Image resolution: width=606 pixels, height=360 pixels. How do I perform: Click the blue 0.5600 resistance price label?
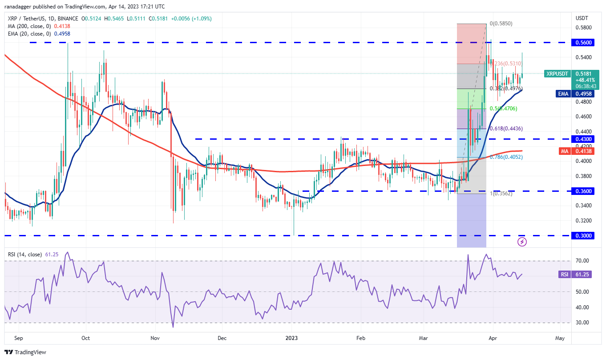[584, 42]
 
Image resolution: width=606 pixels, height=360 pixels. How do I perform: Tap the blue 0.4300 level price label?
[584, 139]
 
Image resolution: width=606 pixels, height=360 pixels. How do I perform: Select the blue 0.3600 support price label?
[584, 191]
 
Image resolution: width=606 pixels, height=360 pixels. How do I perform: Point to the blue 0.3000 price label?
[584, 235]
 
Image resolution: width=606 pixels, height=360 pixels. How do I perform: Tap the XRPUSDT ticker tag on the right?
[557, 73]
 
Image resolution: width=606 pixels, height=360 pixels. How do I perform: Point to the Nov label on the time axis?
[155, 338]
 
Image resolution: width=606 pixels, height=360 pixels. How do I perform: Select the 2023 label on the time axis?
[292, 338]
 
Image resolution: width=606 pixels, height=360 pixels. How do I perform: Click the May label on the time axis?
[560, 338]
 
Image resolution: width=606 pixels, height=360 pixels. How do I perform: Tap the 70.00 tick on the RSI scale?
[582, 261]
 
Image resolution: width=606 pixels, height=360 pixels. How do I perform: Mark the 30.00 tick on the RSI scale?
[582, 323]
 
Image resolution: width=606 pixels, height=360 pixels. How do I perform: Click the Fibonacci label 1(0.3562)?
[501, 194]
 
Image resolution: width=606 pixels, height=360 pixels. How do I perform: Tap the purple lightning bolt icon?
[522, 242]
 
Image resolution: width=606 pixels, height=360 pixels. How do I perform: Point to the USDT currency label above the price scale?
[582, 18]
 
